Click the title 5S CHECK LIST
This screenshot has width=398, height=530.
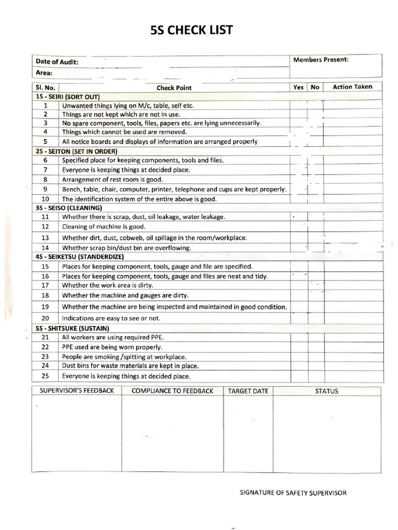tap(191, 31)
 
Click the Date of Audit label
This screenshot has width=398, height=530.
tap(57, 62)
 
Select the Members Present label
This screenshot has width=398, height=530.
tap(321, 60)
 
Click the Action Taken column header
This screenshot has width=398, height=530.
tap(352, 87)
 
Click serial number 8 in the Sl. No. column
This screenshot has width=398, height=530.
tap(46, 180)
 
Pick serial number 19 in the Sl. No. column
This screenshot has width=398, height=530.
tap(45, 307)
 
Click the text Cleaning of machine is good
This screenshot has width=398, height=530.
tap(104, 227)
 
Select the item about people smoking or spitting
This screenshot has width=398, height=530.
tap(124, 357)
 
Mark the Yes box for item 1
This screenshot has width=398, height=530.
tap(298, 106)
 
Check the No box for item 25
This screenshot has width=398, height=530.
tap(315, 376)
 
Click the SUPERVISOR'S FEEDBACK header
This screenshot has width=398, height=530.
tap(77, 391)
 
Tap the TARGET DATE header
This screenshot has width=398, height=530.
tap(248, 391)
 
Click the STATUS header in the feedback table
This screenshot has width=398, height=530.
tap(326, 391)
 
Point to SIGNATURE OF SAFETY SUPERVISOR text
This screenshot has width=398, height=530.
tap(293, 493)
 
